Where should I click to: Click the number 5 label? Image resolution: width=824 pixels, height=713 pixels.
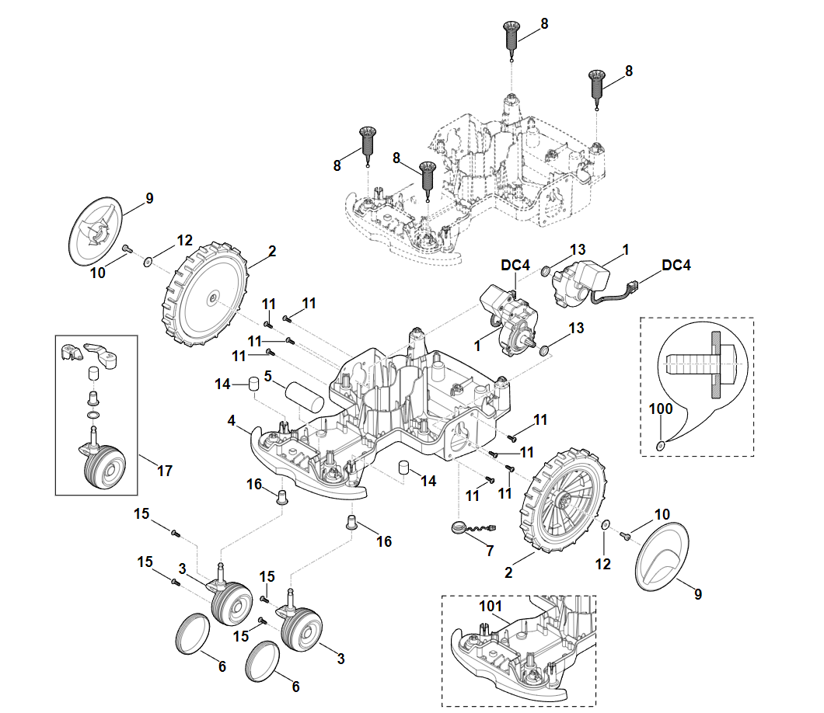coord(267,376)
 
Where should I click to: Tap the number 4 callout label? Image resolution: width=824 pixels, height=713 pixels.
coord(232,420)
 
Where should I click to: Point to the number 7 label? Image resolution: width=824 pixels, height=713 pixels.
coord(490,551)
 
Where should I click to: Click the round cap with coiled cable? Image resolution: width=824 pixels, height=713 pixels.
coord(460,528)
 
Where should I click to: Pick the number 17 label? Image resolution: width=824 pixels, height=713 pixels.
coord(164,470)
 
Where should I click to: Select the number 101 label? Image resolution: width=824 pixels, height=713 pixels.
coord(491,606)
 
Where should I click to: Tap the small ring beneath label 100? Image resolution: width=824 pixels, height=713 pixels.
coord(661,445)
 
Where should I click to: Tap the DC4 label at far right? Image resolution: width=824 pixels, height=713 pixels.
coord(676,265)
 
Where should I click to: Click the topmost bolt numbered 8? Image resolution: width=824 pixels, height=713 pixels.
coord(511,37)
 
